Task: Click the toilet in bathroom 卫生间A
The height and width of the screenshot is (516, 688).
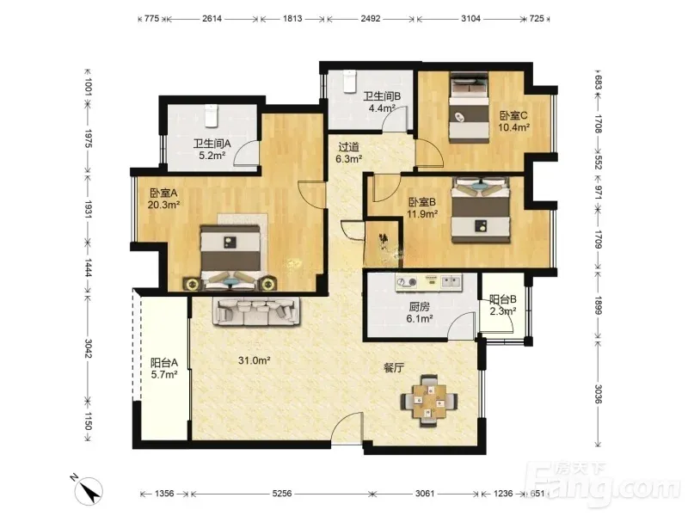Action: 211,116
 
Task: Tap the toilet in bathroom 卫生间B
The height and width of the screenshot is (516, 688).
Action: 349,82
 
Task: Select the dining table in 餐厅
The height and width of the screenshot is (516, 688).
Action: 429,401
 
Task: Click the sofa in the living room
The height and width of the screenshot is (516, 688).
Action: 256,311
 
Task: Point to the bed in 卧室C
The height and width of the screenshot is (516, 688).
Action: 469,107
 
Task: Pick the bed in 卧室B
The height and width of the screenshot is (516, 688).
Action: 482,210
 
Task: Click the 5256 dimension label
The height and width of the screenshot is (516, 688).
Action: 282,494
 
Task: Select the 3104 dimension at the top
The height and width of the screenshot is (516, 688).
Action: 470,18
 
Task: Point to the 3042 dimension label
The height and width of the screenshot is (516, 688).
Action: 88,348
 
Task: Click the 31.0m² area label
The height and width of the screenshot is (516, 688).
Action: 254,360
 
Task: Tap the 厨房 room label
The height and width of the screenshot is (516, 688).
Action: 419,307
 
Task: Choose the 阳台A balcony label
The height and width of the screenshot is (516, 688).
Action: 164,363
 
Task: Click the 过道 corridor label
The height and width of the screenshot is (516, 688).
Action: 348,147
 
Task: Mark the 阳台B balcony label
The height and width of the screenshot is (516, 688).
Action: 503,299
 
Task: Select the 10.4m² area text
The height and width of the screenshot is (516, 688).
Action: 513,127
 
